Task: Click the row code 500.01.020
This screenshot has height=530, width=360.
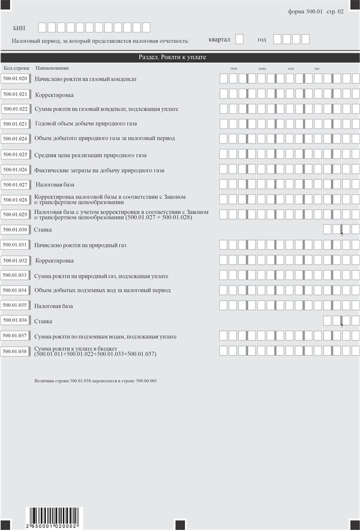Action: pos(15,79)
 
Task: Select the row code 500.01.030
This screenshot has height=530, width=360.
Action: pos(15,229)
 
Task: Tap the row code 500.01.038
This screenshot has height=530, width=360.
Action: pos(15,352)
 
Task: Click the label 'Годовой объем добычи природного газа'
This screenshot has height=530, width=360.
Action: pos(86,123)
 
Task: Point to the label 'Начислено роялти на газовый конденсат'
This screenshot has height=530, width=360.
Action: pos(86,80)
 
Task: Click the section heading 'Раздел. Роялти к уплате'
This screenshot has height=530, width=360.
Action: pos(180,57)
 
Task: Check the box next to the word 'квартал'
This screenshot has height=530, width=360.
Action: pos(239,39)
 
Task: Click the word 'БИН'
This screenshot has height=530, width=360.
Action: pos(19,27)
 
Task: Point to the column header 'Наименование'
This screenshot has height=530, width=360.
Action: pos(49,68)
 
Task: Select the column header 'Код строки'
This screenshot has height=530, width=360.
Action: pos(16,68)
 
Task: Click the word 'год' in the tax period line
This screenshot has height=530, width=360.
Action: pos(262,39)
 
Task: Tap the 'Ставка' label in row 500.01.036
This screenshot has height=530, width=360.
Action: pos(43,321)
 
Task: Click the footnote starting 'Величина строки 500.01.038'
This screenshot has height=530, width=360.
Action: pos(95,381)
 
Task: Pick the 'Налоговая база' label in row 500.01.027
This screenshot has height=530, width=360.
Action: pos(55,184)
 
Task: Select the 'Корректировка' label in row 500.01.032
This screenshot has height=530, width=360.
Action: pos(54,261)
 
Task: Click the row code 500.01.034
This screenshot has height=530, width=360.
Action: pos(15,291)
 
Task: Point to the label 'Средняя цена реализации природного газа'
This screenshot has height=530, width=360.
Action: pos(90,155)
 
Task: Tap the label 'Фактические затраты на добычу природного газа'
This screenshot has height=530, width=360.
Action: pos(99,170)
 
